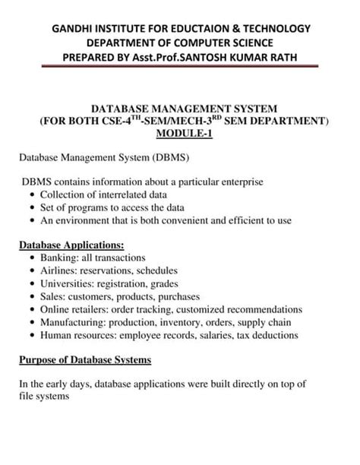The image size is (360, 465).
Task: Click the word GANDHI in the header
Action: click(71, 28)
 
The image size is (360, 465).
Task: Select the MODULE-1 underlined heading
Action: click(180, 134)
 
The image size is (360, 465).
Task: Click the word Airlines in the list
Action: click(57, 270)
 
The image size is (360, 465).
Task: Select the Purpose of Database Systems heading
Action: click(85, 359)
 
